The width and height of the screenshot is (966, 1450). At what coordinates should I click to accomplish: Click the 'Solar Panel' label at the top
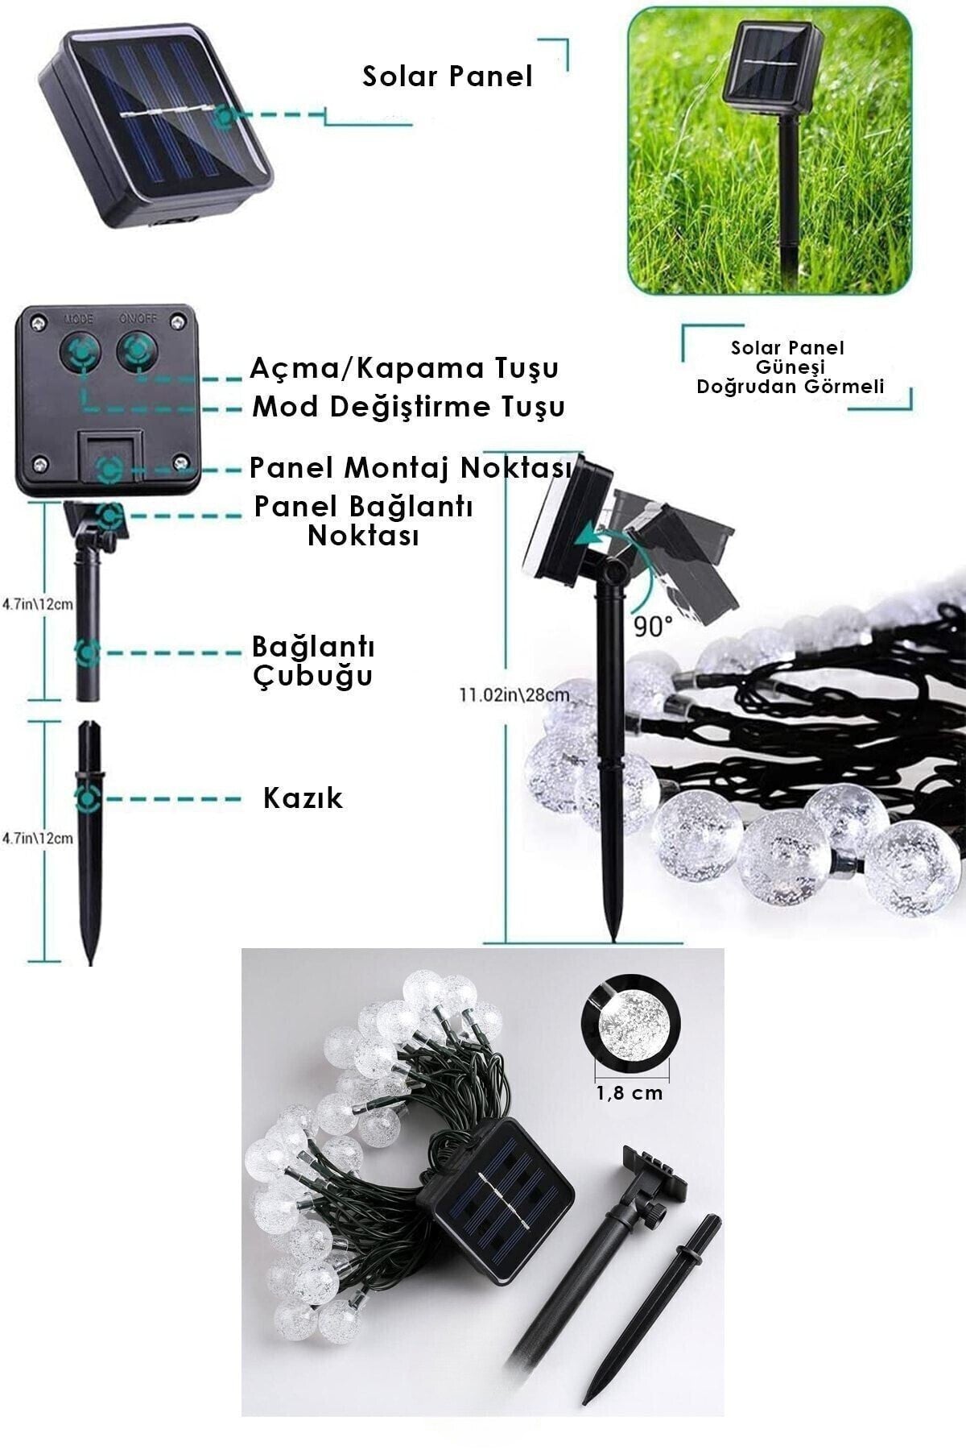coord(448,77)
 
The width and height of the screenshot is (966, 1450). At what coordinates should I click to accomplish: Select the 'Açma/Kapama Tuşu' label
coord(404,369)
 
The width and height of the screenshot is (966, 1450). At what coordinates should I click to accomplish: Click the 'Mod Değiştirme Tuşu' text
coord(409,407)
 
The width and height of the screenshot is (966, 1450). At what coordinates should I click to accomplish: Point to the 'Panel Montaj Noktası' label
coord(411,467)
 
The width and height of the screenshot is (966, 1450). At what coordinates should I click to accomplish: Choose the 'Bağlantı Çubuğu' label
coord(313,661)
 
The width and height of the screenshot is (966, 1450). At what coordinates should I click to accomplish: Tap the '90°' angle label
coord(652,627)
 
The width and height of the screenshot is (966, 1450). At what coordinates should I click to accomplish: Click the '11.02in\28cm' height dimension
coord(514,694)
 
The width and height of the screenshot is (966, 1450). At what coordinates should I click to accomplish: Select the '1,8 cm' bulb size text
coord(630,1092)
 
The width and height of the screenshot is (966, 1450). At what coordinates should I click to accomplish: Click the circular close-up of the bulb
coord(630,1026)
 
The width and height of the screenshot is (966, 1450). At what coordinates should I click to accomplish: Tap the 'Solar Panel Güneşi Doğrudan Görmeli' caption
coord(790,367)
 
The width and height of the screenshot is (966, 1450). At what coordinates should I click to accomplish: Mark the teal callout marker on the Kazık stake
coord(88,799)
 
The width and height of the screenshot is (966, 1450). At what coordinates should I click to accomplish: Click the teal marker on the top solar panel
coord(225,117)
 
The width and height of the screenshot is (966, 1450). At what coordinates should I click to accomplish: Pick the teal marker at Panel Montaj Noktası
coord(109,468)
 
